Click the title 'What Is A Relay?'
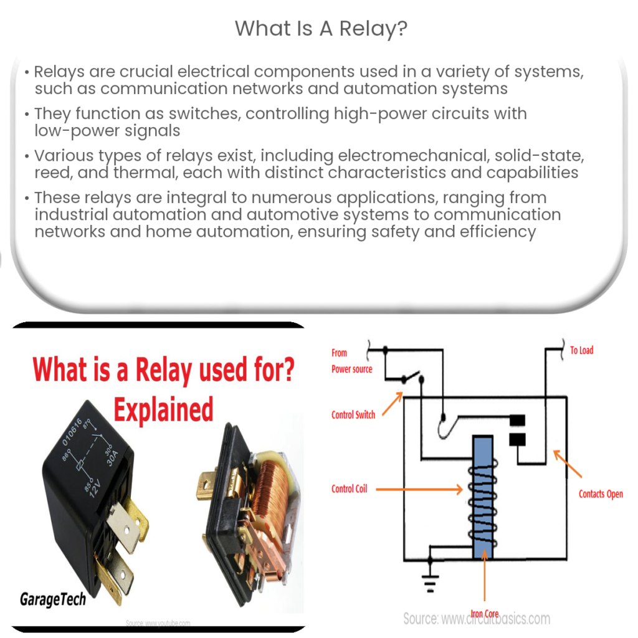pos(321,29)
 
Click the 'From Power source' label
pos(351,361)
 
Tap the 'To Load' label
pos(581,350)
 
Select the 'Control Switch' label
pos(353,414)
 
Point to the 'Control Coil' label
pos(349,488)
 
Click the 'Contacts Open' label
pos(601,494)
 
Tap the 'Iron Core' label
pos(485,614)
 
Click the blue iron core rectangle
pos(483,497)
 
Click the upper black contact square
pos(517,420)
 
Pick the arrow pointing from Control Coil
pos(419,489)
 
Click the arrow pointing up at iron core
pos(484,575)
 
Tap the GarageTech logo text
pos(53,599)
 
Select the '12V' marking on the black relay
pos(95,487)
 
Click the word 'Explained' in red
pos(163,409)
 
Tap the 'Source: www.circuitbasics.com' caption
pos(477,619)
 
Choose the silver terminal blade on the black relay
pos(124,526)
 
